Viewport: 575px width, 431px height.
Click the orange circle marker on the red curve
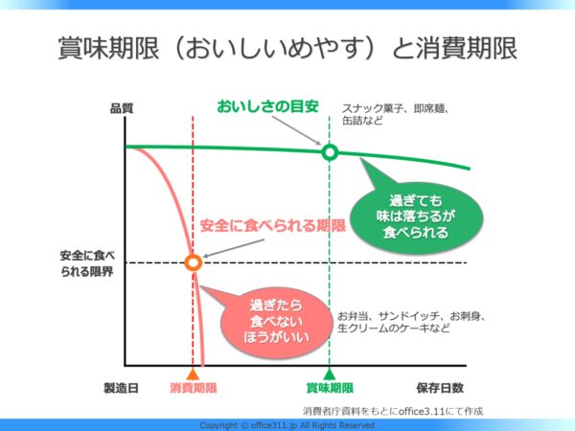(x=193, y=262)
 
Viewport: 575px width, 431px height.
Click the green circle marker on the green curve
(x=330, y=152)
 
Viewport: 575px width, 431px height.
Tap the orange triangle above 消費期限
(x=193, y=374)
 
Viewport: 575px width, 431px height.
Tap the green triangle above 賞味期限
(x=330, y=374)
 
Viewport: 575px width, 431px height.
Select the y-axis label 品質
(x=122, y=108)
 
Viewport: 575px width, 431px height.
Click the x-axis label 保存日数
(x=440, y=388)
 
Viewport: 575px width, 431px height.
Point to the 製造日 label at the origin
(x=121, y=388)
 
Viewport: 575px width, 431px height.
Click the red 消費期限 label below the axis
(x=194, y=388)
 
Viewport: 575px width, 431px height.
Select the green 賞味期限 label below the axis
(x=330, y=388)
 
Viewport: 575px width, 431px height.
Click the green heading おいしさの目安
(x=267, y=106)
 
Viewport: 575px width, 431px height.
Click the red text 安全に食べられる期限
(x=273, y=225)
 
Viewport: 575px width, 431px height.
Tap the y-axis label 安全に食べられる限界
(x=87, y=263)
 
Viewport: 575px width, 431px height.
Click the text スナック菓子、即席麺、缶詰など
(x=396, y=114)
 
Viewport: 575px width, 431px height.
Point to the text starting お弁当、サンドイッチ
(x=411, y=322)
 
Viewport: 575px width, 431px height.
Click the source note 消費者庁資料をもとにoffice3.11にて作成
(x=393, y=411)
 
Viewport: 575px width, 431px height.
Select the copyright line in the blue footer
(x=287, y=425)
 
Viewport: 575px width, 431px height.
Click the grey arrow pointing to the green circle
(x=296, y=130)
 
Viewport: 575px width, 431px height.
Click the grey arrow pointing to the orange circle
(x=234, y=248)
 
